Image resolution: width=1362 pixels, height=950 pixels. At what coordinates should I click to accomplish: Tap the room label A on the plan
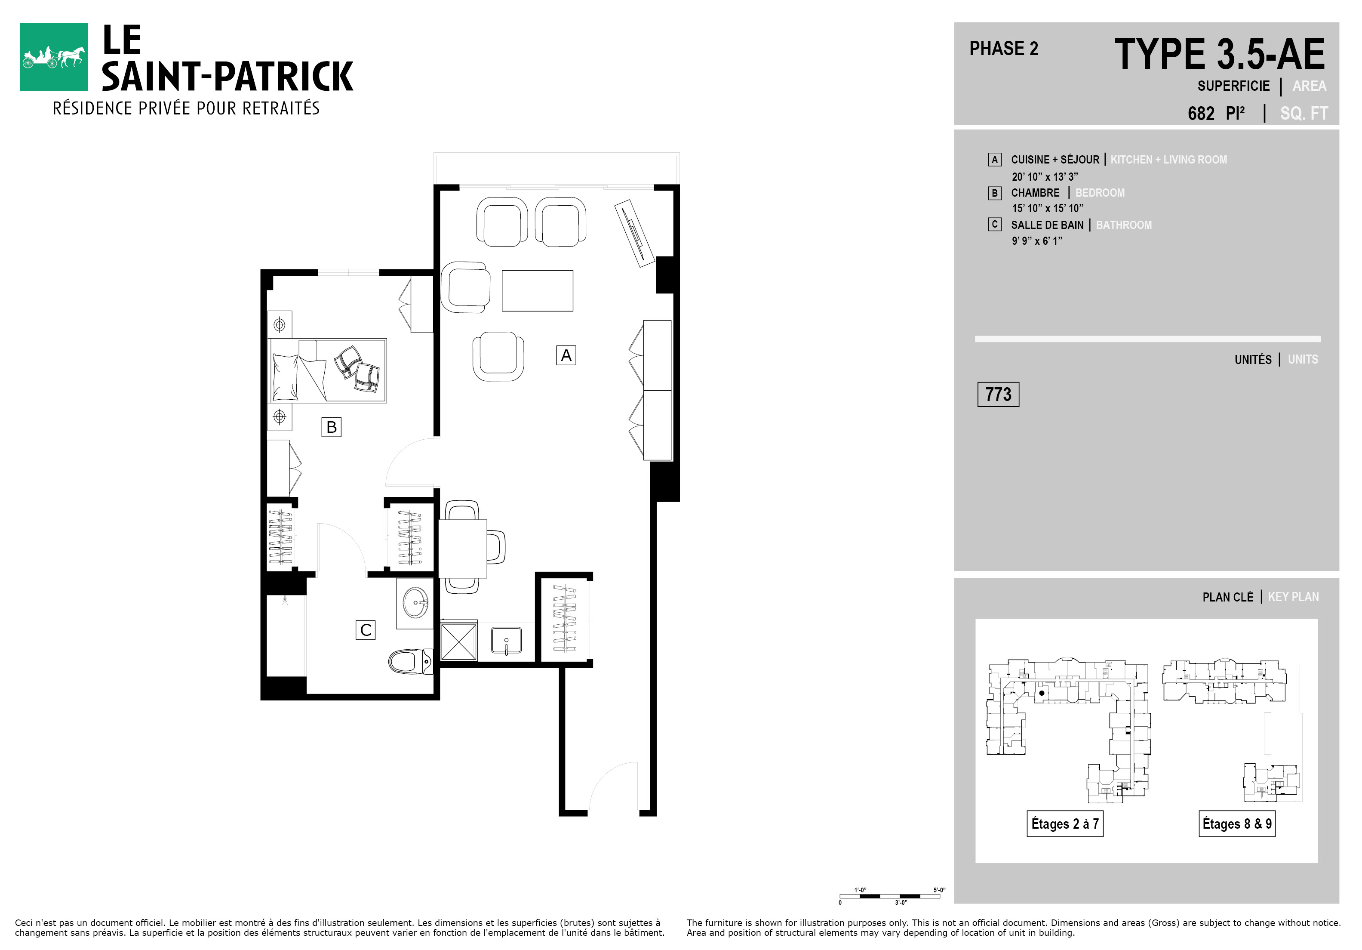point(566,355)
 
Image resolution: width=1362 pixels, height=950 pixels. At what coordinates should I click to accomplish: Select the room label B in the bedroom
point(331,427)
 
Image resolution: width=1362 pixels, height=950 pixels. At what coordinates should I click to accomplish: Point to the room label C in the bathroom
point(366,630)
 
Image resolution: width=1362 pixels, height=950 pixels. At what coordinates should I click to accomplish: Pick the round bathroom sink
point(415,603)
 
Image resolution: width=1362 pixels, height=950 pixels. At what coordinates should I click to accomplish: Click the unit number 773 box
point(998,395)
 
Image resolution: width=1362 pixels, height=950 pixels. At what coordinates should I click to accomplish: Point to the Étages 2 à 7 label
point(1065,824)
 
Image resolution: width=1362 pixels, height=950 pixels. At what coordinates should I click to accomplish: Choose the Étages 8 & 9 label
point(1237,824)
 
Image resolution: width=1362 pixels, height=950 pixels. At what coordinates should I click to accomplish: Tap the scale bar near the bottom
point(890,896)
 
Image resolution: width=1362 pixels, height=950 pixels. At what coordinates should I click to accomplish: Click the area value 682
point(1201,113)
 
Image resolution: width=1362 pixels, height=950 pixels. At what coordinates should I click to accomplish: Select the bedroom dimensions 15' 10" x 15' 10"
point(1048,208)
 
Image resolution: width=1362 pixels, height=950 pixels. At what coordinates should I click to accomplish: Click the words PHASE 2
point(1004,49)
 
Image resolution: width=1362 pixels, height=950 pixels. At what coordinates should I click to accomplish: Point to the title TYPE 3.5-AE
point(1220,54)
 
